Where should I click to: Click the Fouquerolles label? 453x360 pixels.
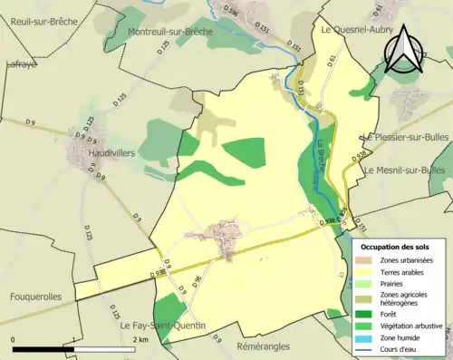coord(38,297)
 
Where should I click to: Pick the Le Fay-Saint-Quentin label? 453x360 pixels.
coord(161,325)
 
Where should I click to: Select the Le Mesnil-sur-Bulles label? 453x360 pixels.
coord(405,170)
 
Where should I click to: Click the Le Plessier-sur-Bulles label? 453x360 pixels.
coord(405,137)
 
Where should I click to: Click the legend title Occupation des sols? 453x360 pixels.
coord(396,248)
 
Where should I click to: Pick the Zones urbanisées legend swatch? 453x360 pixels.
coord(367,260)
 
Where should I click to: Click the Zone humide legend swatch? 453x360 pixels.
coord(367,337)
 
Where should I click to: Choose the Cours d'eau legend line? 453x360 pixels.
coord(367,350)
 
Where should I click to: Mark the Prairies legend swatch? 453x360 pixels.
coord(367,284)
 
